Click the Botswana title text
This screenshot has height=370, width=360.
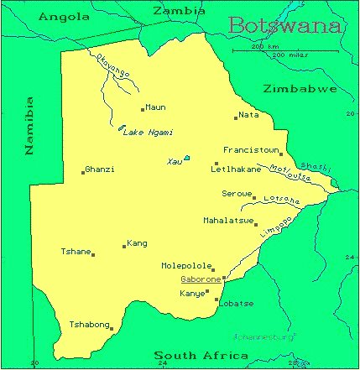285,26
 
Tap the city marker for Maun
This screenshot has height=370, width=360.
143,109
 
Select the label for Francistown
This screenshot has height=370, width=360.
251,150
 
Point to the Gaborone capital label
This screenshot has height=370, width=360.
201,279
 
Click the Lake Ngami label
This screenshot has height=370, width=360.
149,133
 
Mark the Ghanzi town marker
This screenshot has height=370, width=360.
83,172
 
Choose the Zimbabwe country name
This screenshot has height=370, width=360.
300,88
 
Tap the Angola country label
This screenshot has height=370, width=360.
65,16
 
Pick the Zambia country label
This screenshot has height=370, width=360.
178,11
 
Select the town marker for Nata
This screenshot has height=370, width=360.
236,118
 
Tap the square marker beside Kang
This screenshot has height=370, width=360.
124,247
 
